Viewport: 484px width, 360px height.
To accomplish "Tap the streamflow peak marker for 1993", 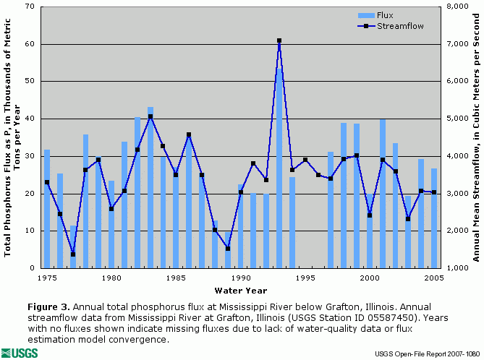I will point(279,41).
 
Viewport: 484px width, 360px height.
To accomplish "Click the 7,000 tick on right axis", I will point(455,44).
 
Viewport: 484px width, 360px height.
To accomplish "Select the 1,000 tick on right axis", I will point(455,268).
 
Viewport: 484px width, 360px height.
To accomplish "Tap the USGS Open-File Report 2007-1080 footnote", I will point(427,353).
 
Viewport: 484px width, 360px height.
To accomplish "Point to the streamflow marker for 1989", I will point(228,249).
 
